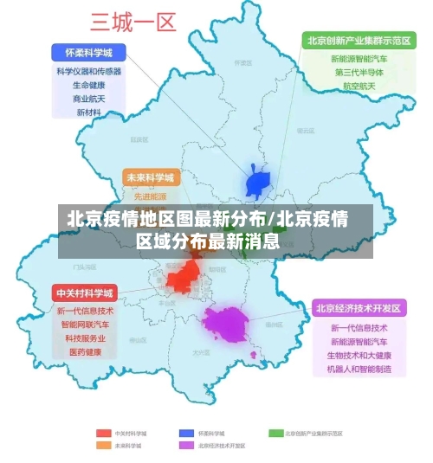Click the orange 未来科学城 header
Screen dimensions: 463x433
tap(151, 177)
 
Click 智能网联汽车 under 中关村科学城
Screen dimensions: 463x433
tap(85, 325)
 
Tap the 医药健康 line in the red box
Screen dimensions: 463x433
tap(85, 352)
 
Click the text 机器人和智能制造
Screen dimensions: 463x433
tap(359, 370)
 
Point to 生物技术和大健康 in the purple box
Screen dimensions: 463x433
tap(359, 356)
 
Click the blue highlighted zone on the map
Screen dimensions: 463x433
tap(259, 183)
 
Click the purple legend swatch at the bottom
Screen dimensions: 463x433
tap(186, 446)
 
